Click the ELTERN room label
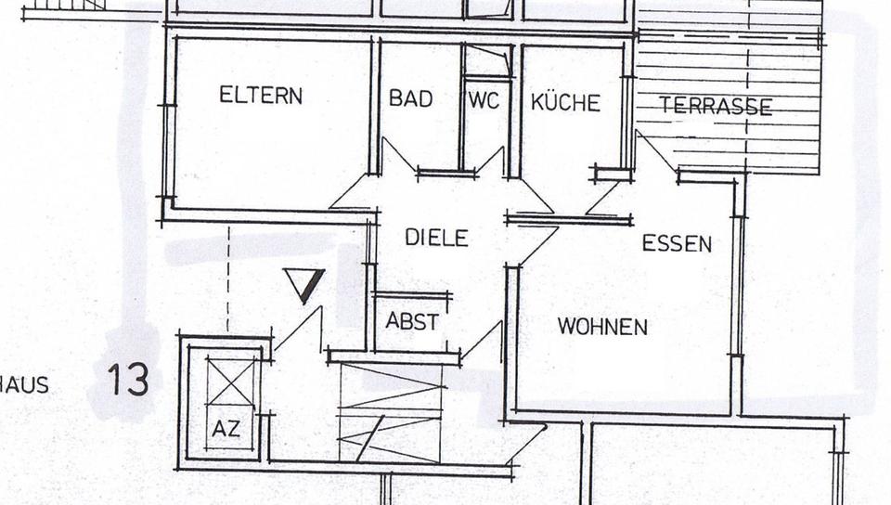point(261,96)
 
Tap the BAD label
point(410,98)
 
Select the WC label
point(483,100)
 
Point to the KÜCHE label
point(565,102)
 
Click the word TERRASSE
point(716,107)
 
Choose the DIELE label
point(436,238)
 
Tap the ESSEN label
point(677,244)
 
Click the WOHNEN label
point(602,327)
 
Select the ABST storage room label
point(412,322)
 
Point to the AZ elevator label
point(226,429)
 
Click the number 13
point(128,380)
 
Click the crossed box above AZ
point(229,382)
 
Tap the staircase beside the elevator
point(390,412)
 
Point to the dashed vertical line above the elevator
point(227,278)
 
